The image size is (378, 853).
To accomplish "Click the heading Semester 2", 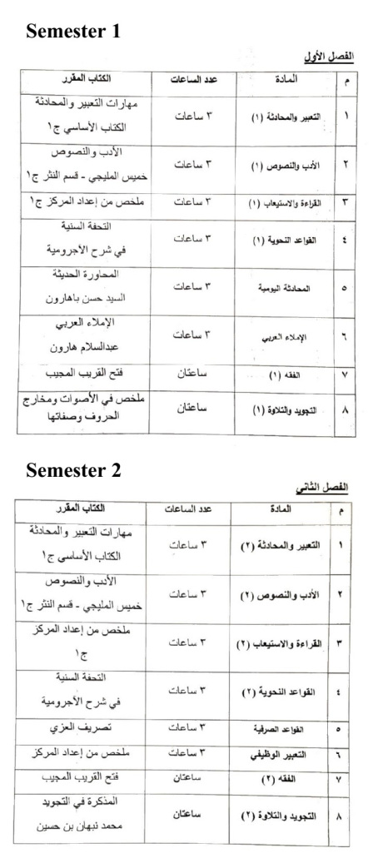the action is (73, 470).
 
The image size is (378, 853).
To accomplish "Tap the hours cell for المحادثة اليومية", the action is (194, 286).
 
